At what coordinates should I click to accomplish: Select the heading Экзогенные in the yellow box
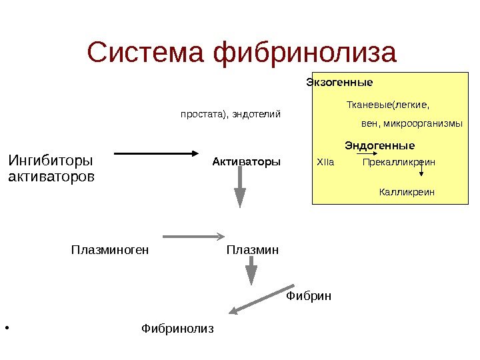tap(339, 83)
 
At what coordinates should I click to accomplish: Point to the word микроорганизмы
tap(422, 124)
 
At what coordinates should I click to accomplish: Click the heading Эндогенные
tap(379, 145)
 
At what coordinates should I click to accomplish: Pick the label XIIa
tap(325, 162)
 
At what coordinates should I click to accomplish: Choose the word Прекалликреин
tap(399, 162)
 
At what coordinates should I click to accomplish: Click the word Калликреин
tap(407, 192)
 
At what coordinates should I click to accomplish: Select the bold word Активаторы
tap(247, 161)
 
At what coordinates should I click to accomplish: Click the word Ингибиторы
tap(50, 161)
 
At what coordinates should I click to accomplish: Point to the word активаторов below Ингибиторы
tap(51, 177)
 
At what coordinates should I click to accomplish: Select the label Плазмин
tap(252, 251)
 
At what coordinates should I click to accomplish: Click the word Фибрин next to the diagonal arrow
tap(309, 295)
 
